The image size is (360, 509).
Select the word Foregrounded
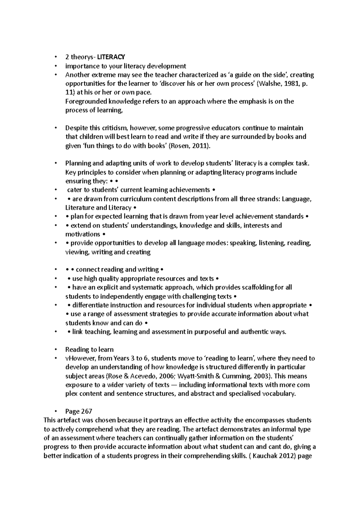tap(84, 101)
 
